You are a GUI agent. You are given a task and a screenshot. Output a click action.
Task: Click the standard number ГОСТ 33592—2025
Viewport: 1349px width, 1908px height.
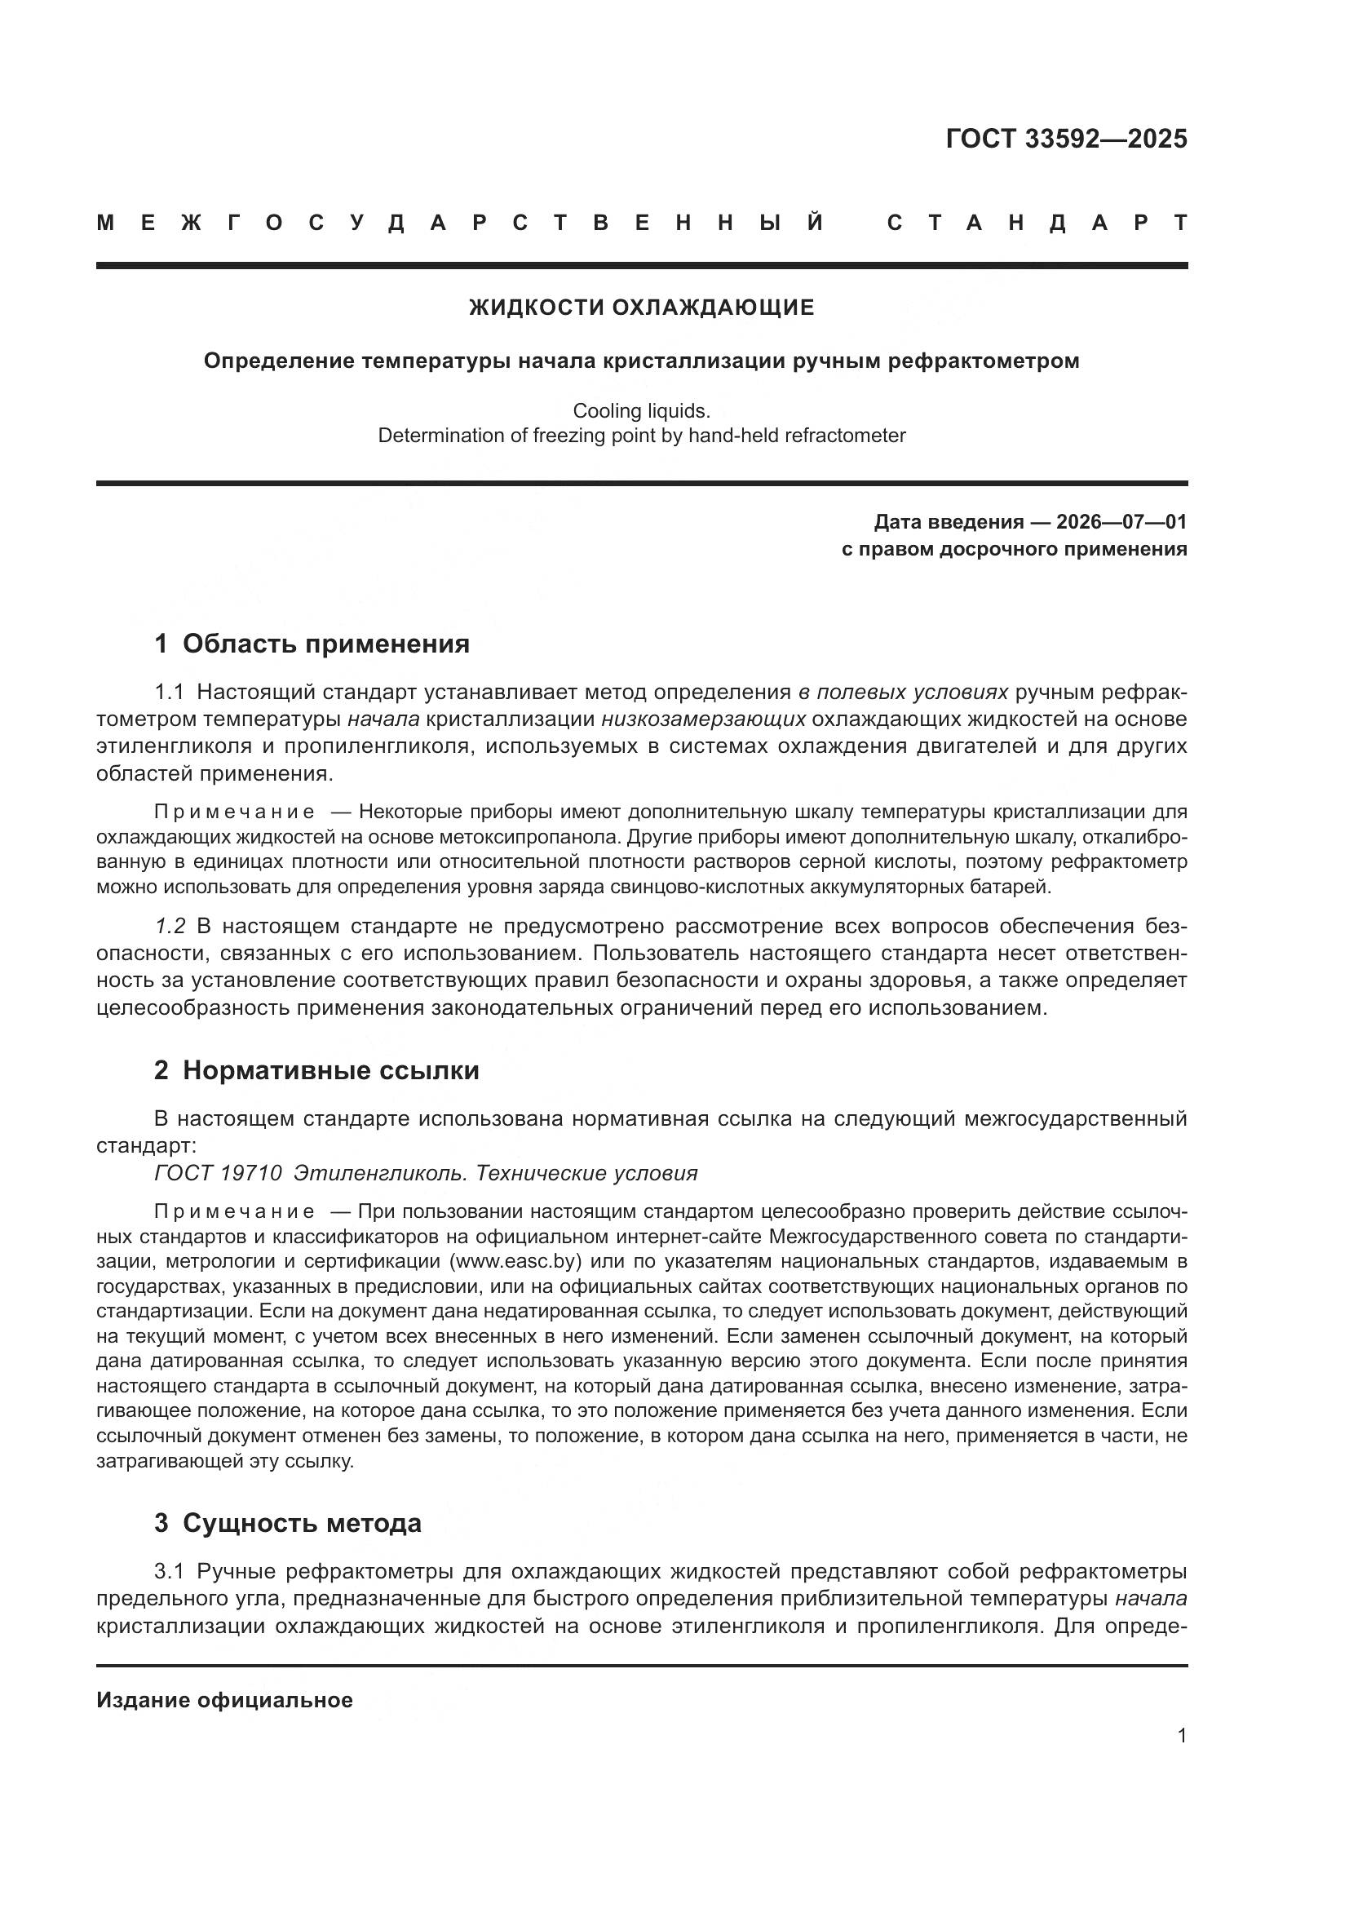(1066, 139)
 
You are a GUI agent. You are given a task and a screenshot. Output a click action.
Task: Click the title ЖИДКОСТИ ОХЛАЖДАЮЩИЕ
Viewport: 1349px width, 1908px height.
(641, 308)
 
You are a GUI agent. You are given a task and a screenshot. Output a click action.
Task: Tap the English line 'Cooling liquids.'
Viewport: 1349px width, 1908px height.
(641, 410)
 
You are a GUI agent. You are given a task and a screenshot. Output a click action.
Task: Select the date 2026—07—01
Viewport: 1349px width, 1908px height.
(1121, 522)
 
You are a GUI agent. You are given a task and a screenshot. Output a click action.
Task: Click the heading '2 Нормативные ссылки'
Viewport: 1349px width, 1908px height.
(316, 1070)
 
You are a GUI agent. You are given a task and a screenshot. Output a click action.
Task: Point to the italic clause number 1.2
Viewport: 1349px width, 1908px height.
(170, 926)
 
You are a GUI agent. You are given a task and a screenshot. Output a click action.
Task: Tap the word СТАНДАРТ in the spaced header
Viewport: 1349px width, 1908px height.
(1037, 223)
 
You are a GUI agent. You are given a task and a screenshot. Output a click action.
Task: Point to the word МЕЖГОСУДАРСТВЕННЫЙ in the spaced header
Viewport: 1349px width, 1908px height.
(461, 223)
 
